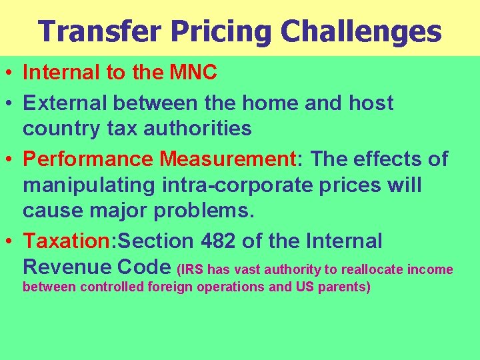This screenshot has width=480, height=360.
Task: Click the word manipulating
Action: pyautogui.click(x=85, y=185)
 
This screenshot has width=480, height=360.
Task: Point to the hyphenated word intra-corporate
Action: pyautogui.click(x=233, y=185)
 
